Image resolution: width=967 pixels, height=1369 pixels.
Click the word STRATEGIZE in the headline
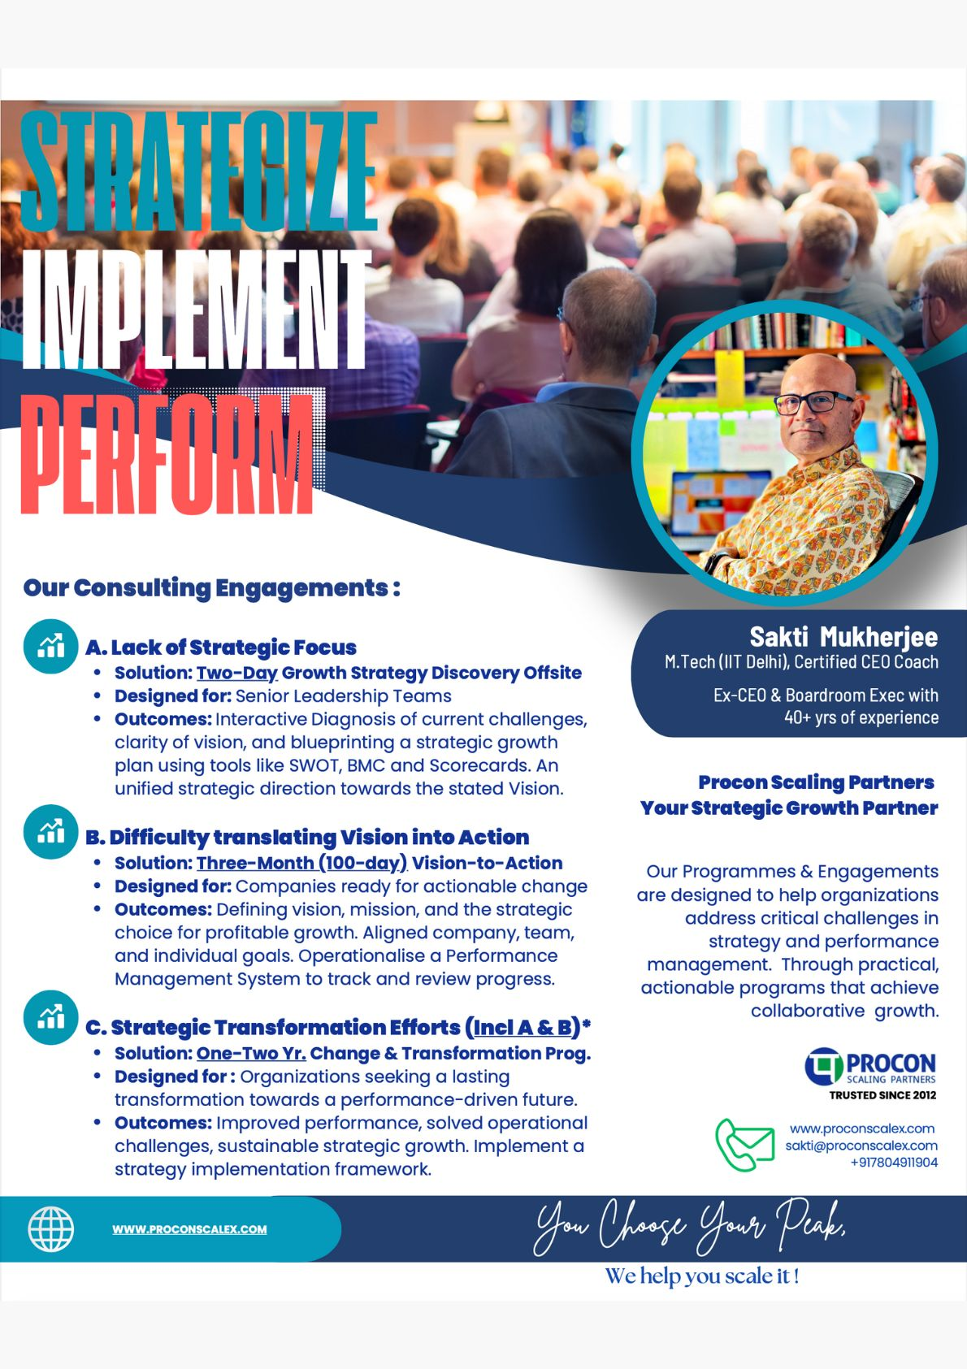tap(198, 171)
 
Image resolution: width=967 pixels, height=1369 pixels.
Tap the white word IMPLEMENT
tap(196, 310)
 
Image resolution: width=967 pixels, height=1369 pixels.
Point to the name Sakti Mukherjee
tap(843, 637)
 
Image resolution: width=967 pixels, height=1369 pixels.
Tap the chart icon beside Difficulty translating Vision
tap(50, 832)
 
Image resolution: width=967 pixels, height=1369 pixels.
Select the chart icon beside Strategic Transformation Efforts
tap(50, 1017)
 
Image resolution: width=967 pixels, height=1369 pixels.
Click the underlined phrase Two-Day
tap(237, 673)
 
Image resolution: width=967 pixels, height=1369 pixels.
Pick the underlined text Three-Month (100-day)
tap(302, 863)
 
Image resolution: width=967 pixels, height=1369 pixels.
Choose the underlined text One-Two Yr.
tap(251, 1053)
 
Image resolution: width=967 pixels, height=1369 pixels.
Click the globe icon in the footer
tap(50, 1229)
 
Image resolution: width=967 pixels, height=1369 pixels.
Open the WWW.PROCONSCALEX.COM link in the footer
tap(189, 1229)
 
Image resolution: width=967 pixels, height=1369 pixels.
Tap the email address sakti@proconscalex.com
tap(861, 1146)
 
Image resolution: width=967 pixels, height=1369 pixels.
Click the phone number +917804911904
tap(894, 1163)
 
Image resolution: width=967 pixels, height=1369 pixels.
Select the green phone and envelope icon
tap(744, 1144)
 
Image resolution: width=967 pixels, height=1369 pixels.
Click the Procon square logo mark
tap(823, 1067)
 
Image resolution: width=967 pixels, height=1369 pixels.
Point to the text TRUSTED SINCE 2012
tap(882, 1095)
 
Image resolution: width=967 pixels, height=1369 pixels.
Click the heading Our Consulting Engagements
tap(211, 588)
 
